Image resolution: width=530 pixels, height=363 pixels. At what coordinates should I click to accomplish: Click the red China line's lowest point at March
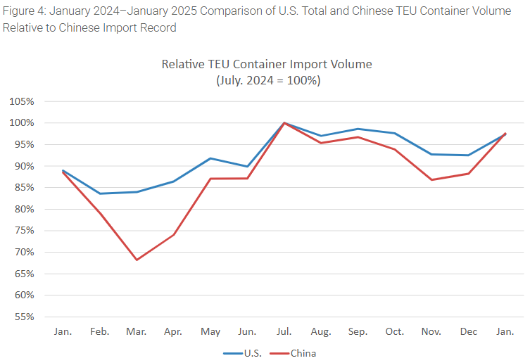pos(137,260)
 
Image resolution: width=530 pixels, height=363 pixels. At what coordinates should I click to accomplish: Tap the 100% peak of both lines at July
pos(284,122)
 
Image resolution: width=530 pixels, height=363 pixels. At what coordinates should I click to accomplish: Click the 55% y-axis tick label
pos(23,317)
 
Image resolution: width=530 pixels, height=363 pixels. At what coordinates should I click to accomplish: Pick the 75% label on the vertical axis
pos(23,231)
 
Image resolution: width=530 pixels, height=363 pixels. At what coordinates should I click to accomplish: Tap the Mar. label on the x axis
pos(137,331)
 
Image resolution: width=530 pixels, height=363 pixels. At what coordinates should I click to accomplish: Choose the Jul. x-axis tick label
pos(284,331)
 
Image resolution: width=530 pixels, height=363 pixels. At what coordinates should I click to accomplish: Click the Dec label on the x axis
pos(468,331)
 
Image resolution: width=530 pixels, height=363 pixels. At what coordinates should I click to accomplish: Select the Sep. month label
pos(358,331)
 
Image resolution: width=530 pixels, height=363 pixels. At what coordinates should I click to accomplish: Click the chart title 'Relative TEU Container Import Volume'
pos(267,64)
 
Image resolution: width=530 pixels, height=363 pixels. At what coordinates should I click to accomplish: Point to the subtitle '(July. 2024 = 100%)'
pos(267,80)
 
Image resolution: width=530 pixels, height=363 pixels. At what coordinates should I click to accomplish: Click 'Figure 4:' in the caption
pos(25,11)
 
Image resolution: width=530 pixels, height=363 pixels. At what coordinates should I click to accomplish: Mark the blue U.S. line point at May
pos(210,158)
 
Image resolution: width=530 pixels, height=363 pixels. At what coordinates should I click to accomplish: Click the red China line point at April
pos(173,234)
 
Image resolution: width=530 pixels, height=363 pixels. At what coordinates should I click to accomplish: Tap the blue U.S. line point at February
pos(100,193)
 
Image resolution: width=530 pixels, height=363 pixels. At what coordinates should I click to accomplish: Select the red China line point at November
pos(431,179)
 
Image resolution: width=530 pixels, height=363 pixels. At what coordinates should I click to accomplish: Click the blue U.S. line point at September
pos(358,129)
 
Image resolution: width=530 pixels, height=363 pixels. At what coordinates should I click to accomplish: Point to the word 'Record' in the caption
pos(156,28)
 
